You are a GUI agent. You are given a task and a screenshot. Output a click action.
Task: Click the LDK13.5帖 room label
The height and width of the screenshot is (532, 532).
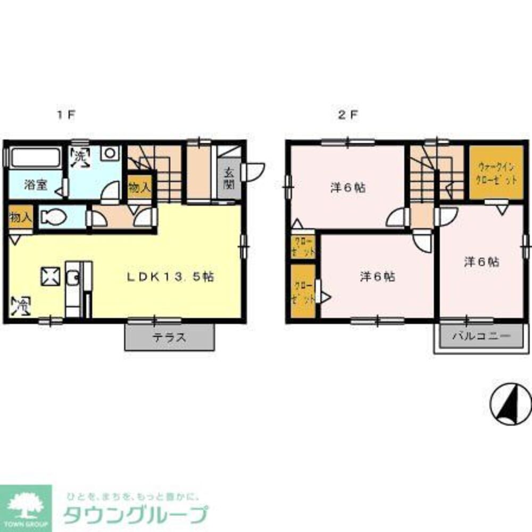coord(170,277)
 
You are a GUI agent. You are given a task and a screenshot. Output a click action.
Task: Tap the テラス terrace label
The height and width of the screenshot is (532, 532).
coord(170,337)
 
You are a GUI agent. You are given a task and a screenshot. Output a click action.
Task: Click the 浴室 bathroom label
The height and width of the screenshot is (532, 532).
coord(35,186)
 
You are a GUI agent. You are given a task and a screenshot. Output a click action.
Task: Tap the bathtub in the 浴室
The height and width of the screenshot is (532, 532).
coord(35,158)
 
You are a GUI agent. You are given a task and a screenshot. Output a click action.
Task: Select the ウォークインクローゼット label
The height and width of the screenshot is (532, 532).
coord(497,172)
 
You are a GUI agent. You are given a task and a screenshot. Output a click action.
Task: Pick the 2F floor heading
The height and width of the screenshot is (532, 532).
coord(348,114)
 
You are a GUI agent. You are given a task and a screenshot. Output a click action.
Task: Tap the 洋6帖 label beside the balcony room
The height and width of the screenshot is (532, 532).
coord(480,262)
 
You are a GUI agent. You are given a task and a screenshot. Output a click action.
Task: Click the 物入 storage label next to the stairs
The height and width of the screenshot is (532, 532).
coord(139,187)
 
